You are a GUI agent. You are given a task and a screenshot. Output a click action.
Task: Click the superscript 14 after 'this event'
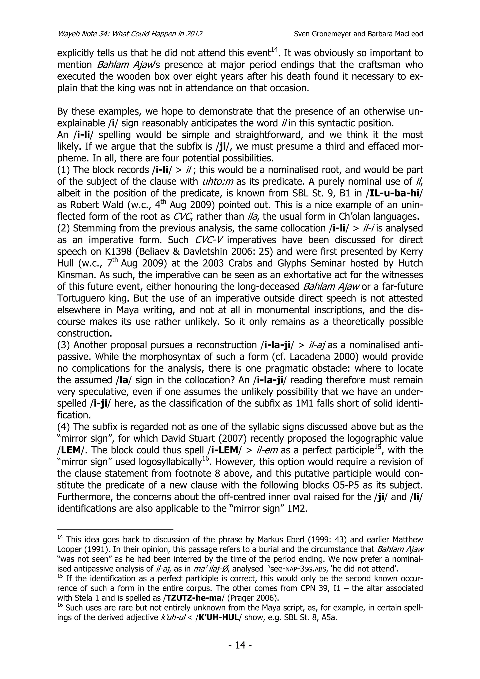[274, 50]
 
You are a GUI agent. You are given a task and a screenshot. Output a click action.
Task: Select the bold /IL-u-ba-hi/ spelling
[394, 193]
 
